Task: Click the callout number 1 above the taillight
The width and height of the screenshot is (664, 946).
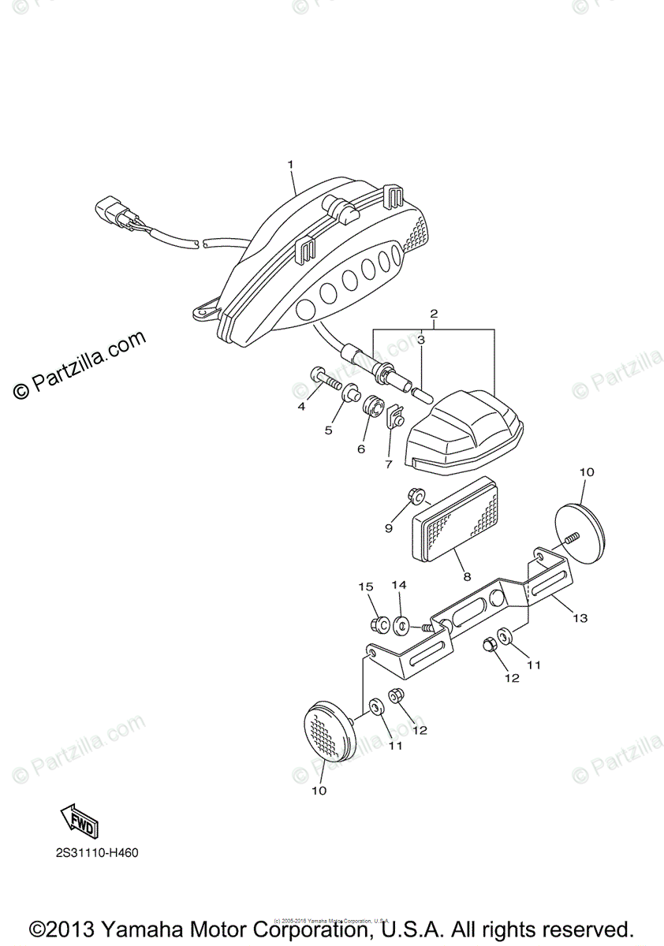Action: [x=290, y=165]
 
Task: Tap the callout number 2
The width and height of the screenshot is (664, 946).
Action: [x=433, y=314]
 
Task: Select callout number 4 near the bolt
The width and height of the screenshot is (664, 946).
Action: [x=301, y=406]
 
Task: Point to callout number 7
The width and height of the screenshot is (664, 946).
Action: [x=388, y=464]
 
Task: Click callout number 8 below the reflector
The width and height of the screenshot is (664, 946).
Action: [x=467, y=576]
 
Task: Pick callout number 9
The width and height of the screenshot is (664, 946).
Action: [x=388, y=528]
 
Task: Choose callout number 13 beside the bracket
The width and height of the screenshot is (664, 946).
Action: [x=580, y=619]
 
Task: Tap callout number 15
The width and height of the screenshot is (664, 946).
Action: [x=365, y=587]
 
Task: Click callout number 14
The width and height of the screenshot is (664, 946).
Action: [x=399, y=585]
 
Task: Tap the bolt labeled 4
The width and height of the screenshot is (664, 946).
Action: [x=324, y=380]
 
